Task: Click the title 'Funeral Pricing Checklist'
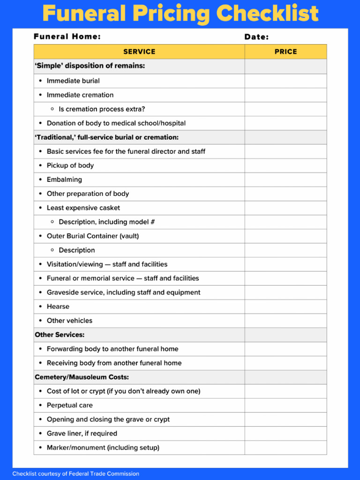click(180, 14)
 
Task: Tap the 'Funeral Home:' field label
click(67, 37)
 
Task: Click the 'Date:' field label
click(256, 37)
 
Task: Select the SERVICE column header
click(139, 52)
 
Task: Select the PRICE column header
click(285, 52)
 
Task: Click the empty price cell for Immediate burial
click(285, 81)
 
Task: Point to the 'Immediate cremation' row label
click(80, 95)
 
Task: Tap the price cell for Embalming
click(285, 180)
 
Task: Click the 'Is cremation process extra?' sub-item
click(102, 109)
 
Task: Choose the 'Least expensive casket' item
click(83, 208)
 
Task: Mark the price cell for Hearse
click(285, 307)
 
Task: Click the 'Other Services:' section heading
click(60, 335)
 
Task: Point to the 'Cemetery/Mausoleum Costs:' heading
click(82, 377)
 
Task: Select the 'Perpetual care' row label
click(69, 405)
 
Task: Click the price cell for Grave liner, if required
click(285, 434)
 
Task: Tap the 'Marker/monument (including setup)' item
click(103, 448)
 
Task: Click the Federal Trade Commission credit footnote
click(75, 473)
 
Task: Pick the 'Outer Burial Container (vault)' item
click(92, 236)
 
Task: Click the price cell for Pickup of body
click(285, 165)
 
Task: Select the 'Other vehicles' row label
click(69, 321)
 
